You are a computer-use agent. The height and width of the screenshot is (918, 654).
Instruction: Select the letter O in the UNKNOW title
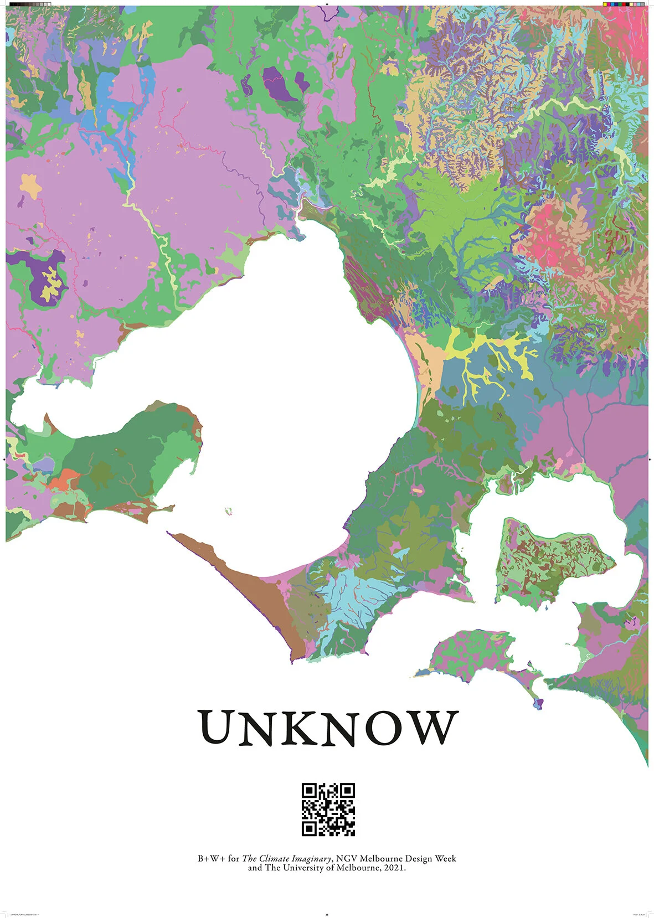click(375, 727)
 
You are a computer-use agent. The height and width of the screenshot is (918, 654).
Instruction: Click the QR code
click(328, 809)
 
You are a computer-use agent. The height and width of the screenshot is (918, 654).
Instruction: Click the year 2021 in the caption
click(393, 868)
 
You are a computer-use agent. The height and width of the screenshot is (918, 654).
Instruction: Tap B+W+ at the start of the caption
click(211, 859)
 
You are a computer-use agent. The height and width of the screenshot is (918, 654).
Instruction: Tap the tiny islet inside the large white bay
click(228, 511)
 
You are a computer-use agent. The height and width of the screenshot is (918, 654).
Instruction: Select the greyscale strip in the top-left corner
click(30, 4)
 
